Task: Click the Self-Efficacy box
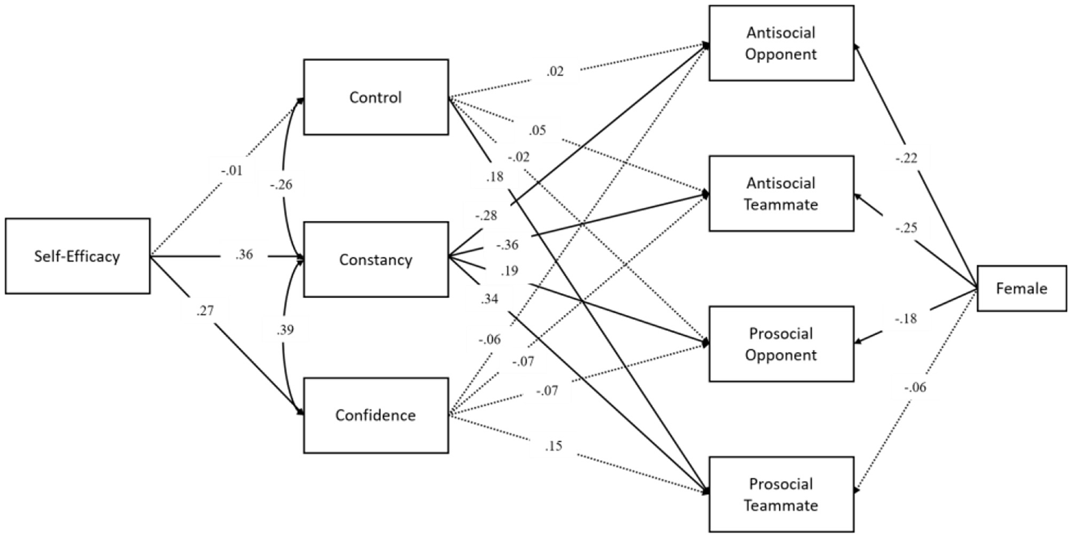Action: [78, 256]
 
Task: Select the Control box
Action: [375, 97]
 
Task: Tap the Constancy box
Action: [375, 259]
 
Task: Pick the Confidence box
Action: [375, 415]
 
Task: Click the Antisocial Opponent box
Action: [781, 43]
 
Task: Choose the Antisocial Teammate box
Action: [781, 193]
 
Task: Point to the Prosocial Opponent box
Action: [781, 344]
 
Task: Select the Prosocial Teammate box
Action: [781, 494]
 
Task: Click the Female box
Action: [1022, 288]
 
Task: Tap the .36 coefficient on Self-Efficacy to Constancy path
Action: [244, 254]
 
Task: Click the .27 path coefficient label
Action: [205, 311]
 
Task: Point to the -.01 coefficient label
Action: [231, 171]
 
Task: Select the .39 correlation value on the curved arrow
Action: [285, 330]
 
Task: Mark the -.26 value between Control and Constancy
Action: [281, 185]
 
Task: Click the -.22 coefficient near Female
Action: [906, 158]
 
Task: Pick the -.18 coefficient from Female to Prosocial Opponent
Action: [906, 319]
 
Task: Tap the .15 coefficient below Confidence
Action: [553, 447]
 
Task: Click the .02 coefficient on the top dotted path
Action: [555, 71]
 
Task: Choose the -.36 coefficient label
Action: [507, 245]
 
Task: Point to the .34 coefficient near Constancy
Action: [489, 299]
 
